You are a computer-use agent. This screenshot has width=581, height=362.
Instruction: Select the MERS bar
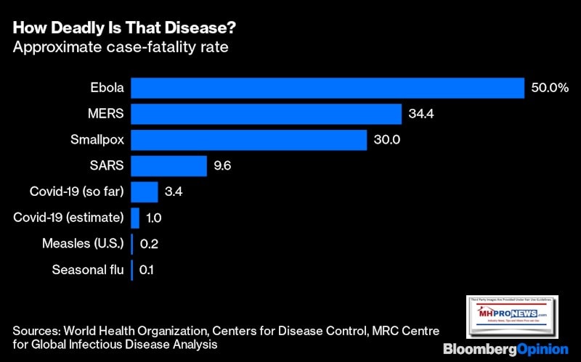point(266,115)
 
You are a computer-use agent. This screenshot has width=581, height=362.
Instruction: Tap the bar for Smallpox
point(248,140)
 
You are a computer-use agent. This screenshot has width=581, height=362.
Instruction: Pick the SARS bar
point(168,166)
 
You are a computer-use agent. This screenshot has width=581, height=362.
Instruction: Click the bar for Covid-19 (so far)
point(144,192)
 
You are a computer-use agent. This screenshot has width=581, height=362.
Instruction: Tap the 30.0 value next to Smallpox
point(388,140)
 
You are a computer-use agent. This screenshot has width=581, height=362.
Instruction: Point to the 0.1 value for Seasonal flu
point(147,271)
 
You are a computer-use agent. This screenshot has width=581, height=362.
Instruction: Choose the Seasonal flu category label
point(88,271)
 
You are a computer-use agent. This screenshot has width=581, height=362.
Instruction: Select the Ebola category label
point(106,89)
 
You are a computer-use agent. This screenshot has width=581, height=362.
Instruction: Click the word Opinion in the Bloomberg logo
point(540,349)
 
